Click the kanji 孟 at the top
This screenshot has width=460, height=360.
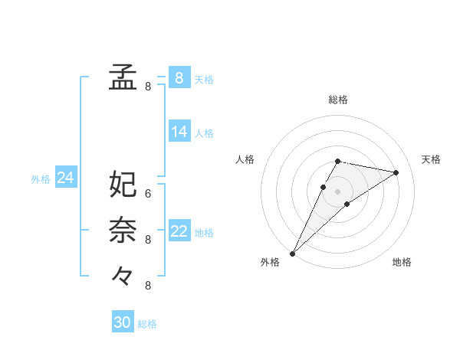(123, 77)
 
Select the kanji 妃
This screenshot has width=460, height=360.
(123, 185)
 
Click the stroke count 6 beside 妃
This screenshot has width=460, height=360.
(148, 194)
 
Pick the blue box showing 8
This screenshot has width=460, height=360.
(179, 77)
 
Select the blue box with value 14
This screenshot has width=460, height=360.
(179, 132)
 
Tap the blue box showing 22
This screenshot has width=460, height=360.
(179, 231)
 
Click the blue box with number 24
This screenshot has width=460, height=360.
(65, 178)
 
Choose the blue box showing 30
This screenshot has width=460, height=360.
(122, 322)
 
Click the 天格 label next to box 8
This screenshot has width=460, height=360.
(204, 80)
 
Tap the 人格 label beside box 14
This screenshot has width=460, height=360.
(204, 133)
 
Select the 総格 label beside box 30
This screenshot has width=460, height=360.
(147, 324)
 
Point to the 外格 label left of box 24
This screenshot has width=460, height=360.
(41, 179)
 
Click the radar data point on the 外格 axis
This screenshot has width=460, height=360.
(292, 253)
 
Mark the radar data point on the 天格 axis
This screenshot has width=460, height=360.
(396, 172)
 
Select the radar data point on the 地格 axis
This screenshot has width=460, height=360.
(347, 204)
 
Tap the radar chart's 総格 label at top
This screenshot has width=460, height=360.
(338, 100)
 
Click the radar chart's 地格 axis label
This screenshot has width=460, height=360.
(402, 262)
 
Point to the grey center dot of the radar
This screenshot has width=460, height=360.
(338, 191)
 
